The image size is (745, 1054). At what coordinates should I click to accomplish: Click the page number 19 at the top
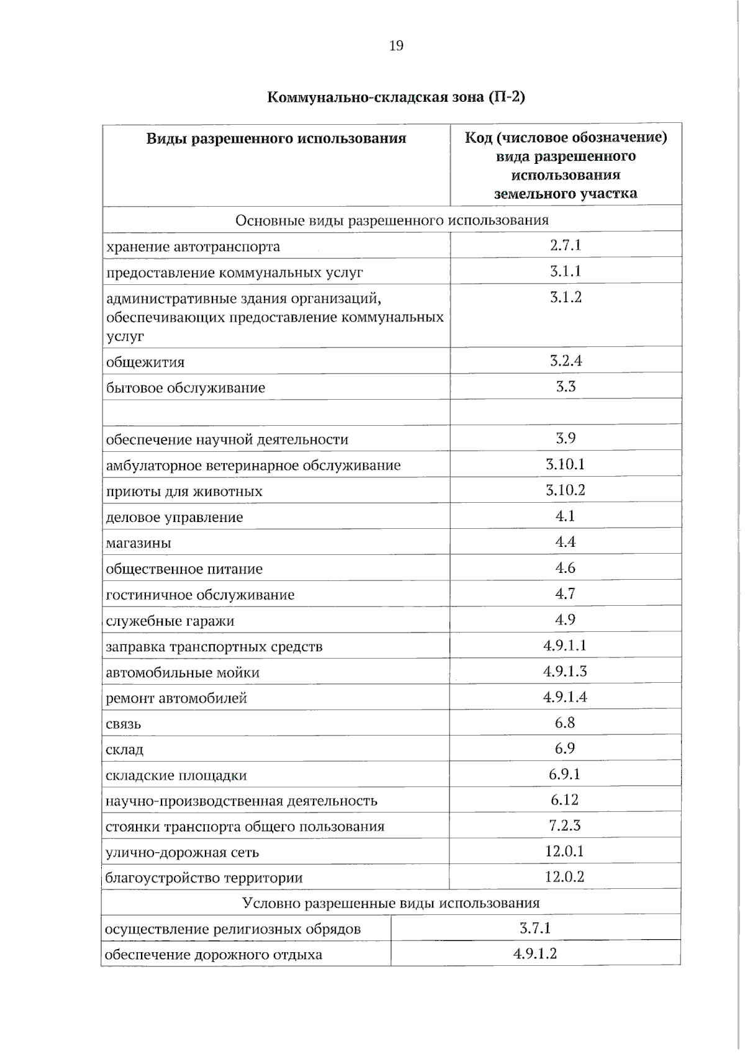[x=396, y=45]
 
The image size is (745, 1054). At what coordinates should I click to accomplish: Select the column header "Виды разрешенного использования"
[x=276, y=138]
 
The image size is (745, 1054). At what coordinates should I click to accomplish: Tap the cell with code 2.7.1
[x=566, y=245]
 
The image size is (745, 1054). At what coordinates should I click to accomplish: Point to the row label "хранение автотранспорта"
[x=193, y=247]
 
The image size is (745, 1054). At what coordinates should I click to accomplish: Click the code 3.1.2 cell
[x=566, y=297]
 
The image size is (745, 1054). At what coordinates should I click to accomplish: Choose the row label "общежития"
[x=145, y=362]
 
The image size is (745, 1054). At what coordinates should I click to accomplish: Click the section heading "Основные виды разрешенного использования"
[x=392, y=220]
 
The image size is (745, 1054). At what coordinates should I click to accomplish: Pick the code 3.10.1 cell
[x=565, y=464]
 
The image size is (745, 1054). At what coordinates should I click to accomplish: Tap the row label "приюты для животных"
[x=184, y=492]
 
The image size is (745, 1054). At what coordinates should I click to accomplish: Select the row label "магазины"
[x=138, y=543]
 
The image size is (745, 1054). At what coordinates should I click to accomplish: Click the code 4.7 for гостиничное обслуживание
[x=565, y=594]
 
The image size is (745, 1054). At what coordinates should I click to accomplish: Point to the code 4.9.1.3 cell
[x=565, y=671]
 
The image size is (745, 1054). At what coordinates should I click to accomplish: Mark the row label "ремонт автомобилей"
[x=176, y=698]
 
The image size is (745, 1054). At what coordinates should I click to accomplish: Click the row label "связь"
[x=124, y=724]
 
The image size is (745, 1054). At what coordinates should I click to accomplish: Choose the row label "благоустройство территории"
[x=204, y=878]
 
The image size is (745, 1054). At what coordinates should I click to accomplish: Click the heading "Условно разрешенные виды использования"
[x=391, y=903]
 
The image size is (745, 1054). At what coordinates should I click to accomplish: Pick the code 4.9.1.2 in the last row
[x=535, y=954]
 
